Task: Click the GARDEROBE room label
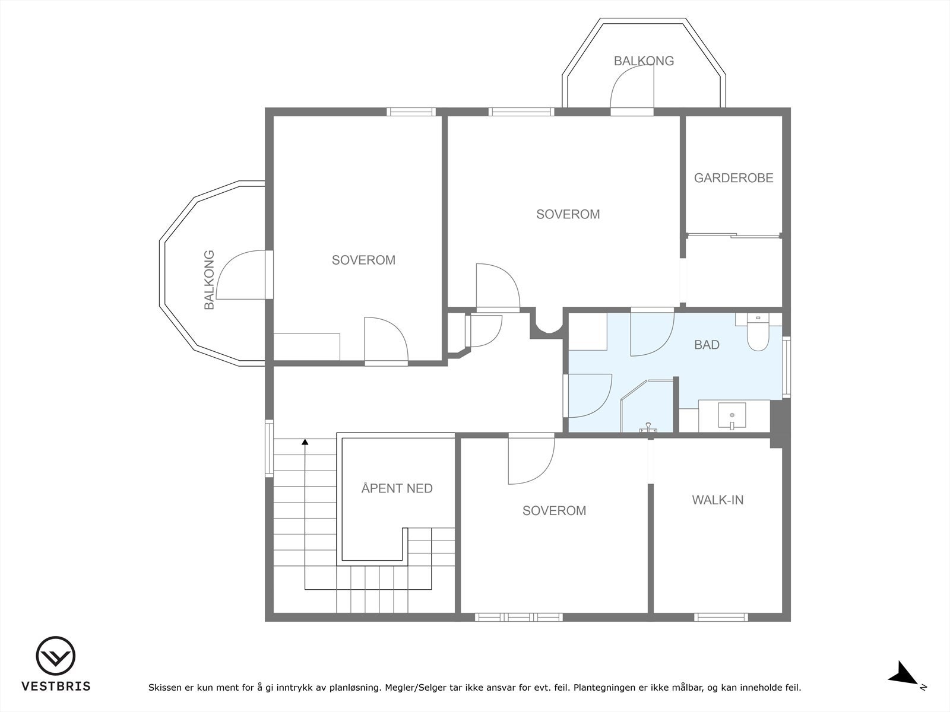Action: tap(734, 177)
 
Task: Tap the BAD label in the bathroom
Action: tap(707, 345)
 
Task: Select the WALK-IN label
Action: tap(718, 500)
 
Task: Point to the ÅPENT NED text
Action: tap(397, 488)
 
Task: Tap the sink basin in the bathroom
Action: tap(732, 416)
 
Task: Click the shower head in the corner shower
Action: tap(648, 427)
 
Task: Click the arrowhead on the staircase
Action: tap(305, 442)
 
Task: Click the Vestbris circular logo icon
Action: tap(56, 656)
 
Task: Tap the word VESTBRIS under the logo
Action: tap(56, 686)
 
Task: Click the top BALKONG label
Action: tap(644, 61)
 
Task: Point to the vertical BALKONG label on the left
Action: tap(209, 279)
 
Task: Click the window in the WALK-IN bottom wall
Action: tap(721, 617)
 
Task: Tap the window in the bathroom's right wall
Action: tap(786, 367)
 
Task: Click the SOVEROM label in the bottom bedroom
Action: tap(554, 510)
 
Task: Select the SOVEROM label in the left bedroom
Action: tap(363, 260)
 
